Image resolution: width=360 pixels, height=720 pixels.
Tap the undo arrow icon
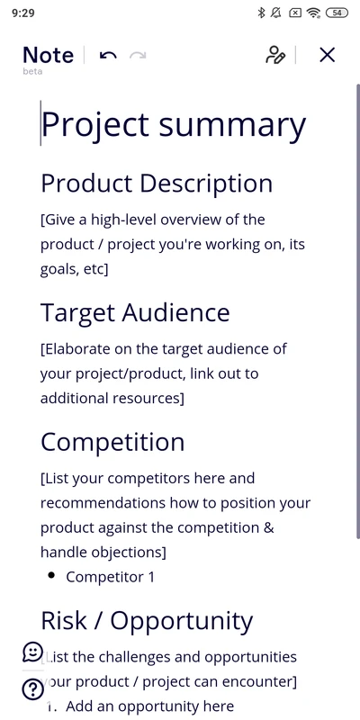pyautogui.click(x=108, y=56)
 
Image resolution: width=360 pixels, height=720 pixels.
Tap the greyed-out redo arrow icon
pyautogui.click(x=138, y=56)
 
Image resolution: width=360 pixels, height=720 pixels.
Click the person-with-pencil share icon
pyautogui.click(x=275, y=55)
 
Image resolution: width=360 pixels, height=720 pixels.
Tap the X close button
pyautogui.click(x=328, y=55)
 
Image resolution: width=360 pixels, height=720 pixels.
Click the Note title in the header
pyautogui.click(x=48, y=55)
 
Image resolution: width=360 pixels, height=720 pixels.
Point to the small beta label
pyautogui.click(x=32, y=71)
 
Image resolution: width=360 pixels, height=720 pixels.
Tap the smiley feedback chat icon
pyautogui.click(x=32, y=652)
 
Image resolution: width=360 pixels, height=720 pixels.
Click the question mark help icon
pyautogui.click(x=32, y=689)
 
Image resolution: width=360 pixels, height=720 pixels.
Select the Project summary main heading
pyautogui.click(x=174, y=124)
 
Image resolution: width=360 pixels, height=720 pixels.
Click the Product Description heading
pyautogui.click(x=157, y=184)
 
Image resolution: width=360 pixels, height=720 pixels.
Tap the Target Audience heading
pyautogui.click(x=135, y=313)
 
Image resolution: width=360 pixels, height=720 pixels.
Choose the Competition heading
pyautogui.click(x=112, y=442)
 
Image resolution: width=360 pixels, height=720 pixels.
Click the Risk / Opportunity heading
pyautogui.click(x=147, y=621)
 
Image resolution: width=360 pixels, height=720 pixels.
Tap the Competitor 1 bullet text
pyautogui.click(x=110, y=577)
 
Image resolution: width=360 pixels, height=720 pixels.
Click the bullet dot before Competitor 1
pyautogui.click(x=50, y=575)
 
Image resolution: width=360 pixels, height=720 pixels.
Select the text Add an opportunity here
pyautogui.click(x=149, y=706)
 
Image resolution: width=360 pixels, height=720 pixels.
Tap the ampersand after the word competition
pyautogui.click(x=268, y=527)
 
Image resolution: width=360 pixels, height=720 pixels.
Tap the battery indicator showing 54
pyautogui.click(x=337, y=13)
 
